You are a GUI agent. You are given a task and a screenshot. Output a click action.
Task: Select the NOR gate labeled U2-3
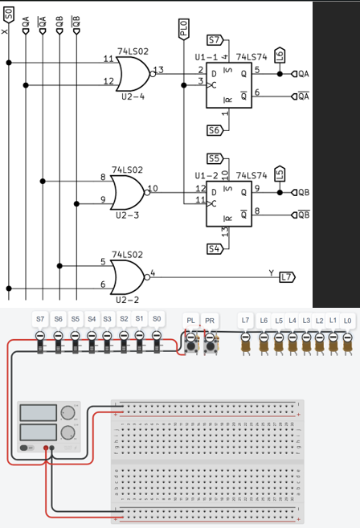click(127, 193)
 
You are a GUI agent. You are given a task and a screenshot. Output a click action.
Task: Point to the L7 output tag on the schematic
click(287, 277)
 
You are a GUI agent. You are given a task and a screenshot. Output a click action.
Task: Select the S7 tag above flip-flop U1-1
click(215, 39)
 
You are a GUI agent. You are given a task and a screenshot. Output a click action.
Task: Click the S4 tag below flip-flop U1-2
click(215, 248)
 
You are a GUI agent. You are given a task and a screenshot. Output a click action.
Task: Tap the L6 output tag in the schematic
click(279, 55)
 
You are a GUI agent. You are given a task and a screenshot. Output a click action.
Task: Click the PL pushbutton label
click(190, 320)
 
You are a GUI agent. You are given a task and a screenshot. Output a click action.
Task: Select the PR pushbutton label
click(210, 320)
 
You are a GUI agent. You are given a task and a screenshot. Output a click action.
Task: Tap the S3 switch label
click(107, 319)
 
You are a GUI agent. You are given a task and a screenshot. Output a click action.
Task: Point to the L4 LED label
click(292, 321)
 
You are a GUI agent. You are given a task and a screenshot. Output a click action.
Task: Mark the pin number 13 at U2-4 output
click(159, 70)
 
